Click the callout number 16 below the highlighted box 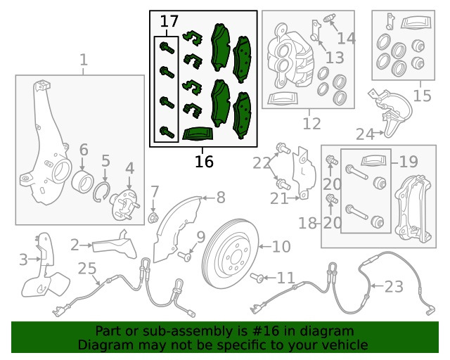click(204, 162)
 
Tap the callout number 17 click(169, 21)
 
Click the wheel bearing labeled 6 click(82, 181)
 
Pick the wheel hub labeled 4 click(124, 205)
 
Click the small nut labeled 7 click(153, 218)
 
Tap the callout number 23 click(394, 286)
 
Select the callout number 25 click(87, 268)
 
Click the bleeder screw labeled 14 click(329, 20)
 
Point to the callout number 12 click(311, 124)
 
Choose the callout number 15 click(422, 96)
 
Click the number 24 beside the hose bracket click(365, 134)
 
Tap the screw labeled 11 click(257, 278)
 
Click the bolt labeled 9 click(184, 256)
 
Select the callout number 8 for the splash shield click(221, 198)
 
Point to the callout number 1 click(83, 60)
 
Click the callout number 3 click(23, 259)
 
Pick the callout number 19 click(409, 162)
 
